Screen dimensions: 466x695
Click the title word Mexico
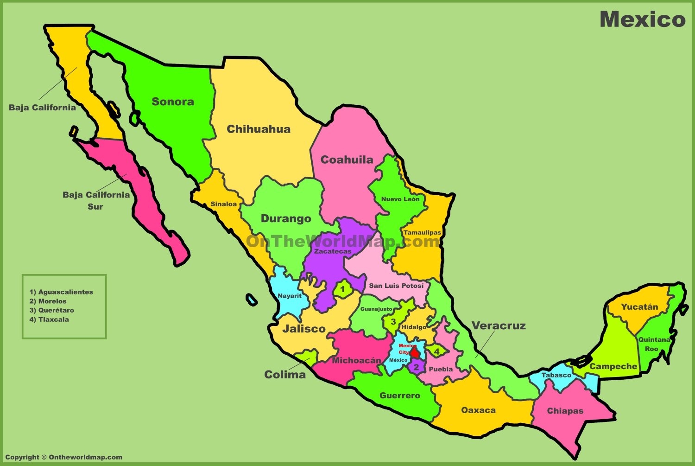pos(642,19)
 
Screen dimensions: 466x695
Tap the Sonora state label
pos(173,102)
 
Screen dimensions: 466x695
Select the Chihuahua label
pos(259,129)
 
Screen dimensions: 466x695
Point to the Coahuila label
pos(347,160)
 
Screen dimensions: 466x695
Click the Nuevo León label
pos(400,199)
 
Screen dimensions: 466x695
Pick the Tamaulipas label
pos(422,232)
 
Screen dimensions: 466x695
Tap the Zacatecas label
pos(333,251)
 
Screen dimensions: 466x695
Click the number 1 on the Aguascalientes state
pos(342,290)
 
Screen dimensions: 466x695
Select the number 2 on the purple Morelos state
pos(416,367)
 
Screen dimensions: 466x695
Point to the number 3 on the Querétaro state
pos(393,322)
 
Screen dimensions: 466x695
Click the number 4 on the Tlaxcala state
pos(436,352)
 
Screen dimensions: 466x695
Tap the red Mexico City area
pos(415,354)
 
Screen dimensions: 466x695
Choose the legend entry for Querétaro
pos(52,310)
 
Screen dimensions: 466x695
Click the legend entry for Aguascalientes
pos(61,292)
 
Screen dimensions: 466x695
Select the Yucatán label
pos(639,307)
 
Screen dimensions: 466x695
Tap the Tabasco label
pos(556,375)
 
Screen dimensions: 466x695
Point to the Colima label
pos(285,375)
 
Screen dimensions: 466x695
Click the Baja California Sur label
pos(96,200)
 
